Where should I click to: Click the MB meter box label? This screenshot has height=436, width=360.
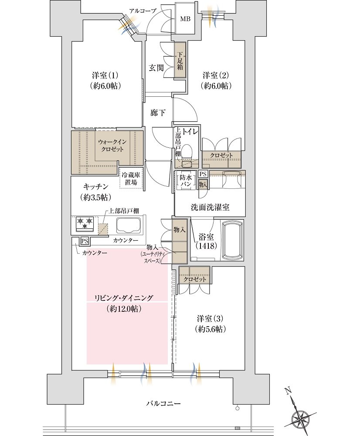tap(185, 19)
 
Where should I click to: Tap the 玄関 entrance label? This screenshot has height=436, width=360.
tap(156, 68)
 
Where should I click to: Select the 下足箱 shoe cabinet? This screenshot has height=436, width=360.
tap(180, 60)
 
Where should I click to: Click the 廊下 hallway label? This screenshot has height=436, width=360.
tap(158, 113)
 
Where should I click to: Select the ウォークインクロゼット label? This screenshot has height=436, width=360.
tap(112, 146)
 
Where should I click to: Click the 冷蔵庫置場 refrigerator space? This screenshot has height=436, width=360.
tap(131, 179)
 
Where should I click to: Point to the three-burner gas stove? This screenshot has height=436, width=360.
tap(85, 224)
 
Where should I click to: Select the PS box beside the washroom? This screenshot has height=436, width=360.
tap(203, 174)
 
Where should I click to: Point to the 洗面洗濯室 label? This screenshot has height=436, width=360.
tap(210, 207)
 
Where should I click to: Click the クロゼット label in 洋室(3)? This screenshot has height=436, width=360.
tap(195, 279)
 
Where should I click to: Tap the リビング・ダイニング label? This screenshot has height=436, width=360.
tap(124, 298)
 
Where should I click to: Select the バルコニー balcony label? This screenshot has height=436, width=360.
tap(163, 403)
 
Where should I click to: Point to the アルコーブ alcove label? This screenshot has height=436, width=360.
tap(143, 10)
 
